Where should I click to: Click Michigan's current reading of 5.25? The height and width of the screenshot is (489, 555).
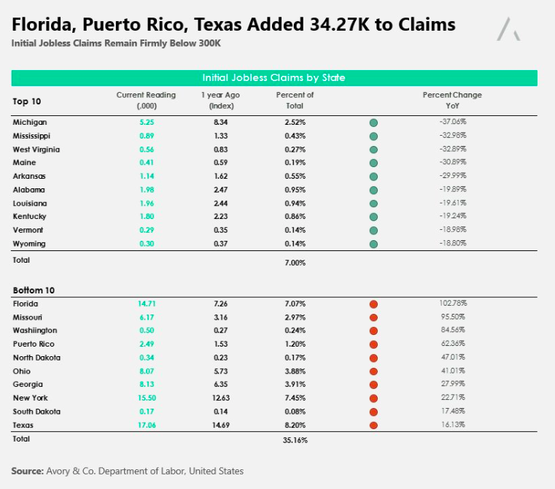(147, 123)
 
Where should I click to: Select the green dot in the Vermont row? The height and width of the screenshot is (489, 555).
(373, 231)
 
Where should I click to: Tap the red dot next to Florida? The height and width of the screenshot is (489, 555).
(373, 304)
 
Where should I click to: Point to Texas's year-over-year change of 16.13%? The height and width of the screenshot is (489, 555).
(453, 425)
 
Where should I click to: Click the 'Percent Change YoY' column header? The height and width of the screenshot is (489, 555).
(452, 100)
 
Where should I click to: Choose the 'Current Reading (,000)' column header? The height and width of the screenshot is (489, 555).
(146, 100)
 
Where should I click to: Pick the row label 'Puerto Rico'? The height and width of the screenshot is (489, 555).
(34, 344)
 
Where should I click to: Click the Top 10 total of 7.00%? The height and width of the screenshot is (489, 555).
(295, 263)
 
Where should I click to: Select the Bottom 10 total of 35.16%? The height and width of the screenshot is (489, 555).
(295, 440)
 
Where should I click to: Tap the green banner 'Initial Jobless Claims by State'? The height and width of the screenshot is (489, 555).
(274, 78)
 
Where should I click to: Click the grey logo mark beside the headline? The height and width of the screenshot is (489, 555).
(508, 29)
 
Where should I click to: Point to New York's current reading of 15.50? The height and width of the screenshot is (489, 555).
(147, 398)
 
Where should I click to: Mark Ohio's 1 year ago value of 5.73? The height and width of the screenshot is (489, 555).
(220, 371)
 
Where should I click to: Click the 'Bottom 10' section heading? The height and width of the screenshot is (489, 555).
(34, 290)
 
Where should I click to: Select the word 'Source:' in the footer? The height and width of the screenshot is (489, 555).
(27, 471)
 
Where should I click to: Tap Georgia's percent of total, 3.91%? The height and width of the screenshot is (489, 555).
(295, 385)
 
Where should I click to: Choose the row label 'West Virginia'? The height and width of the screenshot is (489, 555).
(36, 150)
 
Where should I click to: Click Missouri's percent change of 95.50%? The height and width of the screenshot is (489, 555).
(453, 317)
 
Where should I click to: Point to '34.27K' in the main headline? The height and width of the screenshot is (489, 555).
(339, 25)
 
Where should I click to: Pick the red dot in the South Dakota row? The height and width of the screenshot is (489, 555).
(373, 412)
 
